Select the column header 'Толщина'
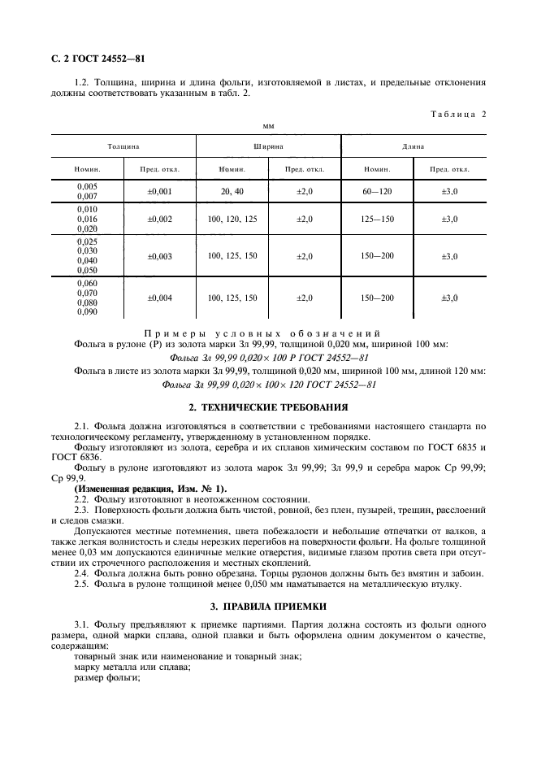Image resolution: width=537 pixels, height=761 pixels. pos(123,146)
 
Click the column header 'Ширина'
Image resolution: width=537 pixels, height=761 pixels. pos(267,146)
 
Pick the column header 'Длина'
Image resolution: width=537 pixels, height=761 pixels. pos(414,146)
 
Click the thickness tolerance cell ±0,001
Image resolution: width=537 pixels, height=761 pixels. pos(159,190)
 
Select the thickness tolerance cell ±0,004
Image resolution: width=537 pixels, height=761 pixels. pos(159,298)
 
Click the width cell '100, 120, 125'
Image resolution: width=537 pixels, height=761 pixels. pos(232,220)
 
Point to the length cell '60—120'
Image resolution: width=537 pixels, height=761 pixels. pos(377,190)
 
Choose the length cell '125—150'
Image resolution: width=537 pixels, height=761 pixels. pos(377,220)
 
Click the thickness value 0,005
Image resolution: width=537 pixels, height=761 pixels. pos(87,186)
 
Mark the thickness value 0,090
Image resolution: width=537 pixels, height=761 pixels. pos(87,311)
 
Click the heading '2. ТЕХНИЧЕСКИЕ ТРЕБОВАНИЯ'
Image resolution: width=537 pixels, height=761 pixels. pos(268,407)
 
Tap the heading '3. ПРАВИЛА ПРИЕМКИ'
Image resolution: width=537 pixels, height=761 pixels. pos(268,607)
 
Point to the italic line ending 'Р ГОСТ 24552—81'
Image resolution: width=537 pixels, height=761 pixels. pos(268,358)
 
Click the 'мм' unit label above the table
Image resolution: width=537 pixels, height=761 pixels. pos(268,126)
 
